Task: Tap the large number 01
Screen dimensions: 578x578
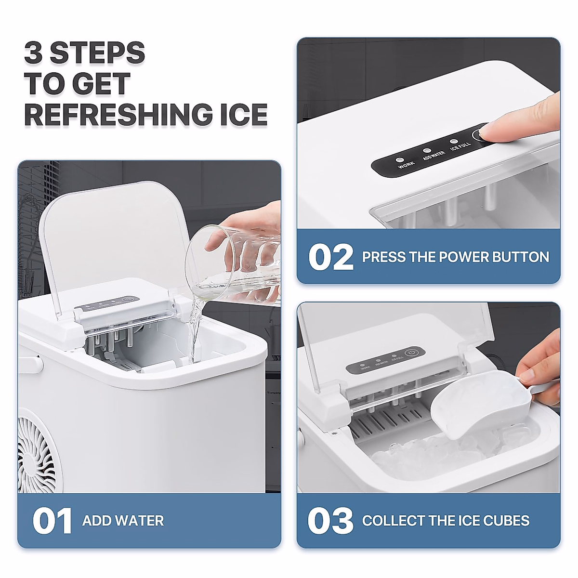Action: point(52,521)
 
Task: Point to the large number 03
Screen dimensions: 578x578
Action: point(330,521)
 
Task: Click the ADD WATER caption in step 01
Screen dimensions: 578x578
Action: point(123,521)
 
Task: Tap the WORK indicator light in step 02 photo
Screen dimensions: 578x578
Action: point(399,159)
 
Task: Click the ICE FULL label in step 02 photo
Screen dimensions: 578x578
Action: point(460,146)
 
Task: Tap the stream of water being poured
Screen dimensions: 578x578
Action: point(195,332)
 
